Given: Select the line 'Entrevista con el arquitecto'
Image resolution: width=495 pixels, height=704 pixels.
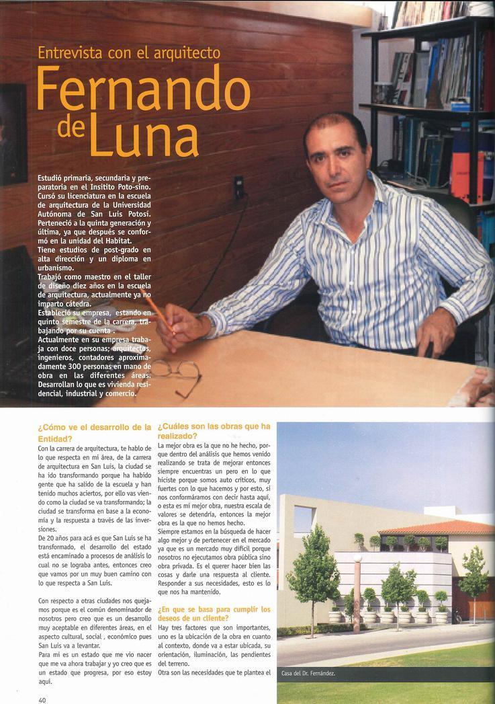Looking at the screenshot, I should [x=129, y=52].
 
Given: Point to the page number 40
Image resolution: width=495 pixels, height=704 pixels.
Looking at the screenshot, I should [x=42, y=698].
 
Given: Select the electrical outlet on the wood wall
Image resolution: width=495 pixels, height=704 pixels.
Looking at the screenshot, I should [x=238, y=187].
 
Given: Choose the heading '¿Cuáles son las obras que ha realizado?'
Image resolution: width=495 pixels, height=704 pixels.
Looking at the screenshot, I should [x=214, y=431].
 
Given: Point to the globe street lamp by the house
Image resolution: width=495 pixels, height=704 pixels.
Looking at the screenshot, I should [x=358, y=558].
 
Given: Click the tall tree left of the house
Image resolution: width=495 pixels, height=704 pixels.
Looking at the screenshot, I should [x=313, y=572].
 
